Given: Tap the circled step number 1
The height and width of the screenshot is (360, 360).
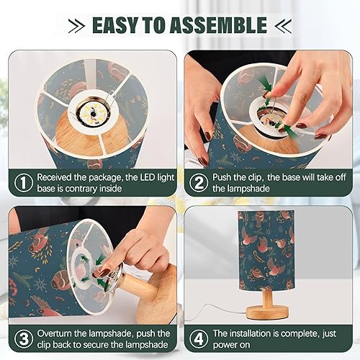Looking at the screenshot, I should click(x=24, y=183).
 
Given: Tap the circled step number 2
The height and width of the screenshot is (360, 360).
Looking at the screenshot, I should click(x=199, y=183).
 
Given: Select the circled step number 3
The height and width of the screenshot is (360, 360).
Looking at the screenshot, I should click(x=24, y=340).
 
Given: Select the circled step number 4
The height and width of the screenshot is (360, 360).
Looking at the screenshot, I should click(x=199, y=340).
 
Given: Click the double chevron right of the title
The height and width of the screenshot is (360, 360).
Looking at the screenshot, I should click(x=282, y=27).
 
